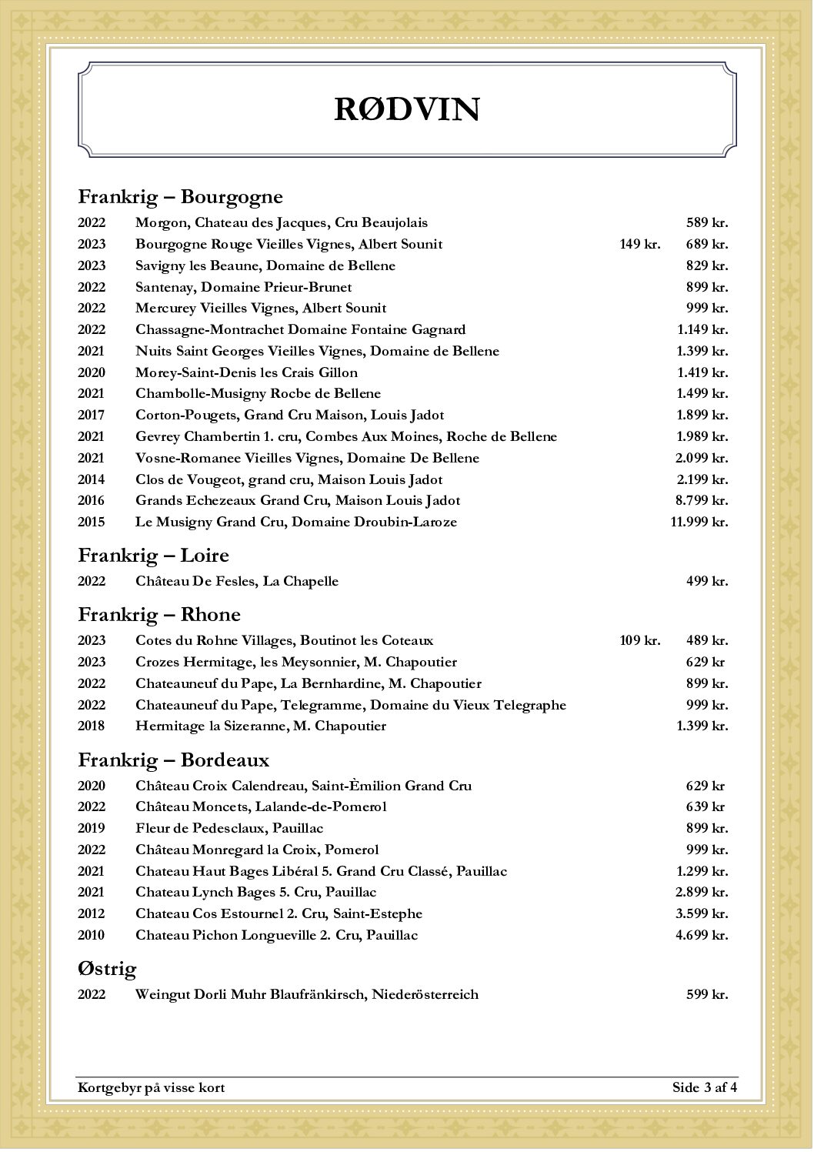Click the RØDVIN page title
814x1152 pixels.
pyautogui.click(x=407, y=109)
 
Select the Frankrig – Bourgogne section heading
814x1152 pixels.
pyautogui.click(x=180, y=197)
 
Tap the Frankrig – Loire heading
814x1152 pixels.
pyautogui.click(x=153, y=556)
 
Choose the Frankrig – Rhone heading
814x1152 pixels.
pyautogui.click(x=159, y=615)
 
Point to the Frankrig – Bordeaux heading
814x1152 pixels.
pyautogui.click(x=173, y=760)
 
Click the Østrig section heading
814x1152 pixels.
pyautogui.click(x=107, y=969)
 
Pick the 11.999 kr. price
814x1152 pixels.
pyautogui.click(x=699, y=522)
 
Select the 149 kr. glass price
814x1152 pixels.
pyautogui.click(x=639, y=244)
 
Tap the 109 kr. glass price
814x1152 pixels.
pyautogui.click(x=639, y=640)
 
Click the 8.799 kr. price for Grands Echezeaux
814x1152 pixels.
pyautogui.click(x=701, y=500)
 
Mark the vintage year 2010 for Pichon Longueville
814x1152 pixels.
pyautogui.click(x=91, y=935)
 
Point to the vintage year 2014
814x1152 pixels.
pyautogui.click(x=91, y=479)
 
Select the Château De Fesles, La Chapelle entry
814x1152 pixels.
pyautogui.click(x=236, y=581)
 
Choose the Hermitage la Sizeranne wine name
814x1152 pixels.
pyautogui.click(x=260, y=726)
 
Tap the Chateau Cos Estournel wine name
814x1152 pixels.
pyautogui.click(x=279, y=913)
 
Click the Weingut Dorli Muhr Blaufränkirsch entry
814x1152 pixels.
pyautogui.click(x=306, y=994)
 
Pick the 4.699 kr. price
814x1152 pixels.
pyautogui.click(x=701, y=935)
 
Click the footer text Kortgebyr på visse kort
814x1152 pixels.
pyautogui.click(x=151, y=1087)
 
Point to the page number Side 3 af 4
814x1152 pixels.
pyautogui.click(x=704, y=1087)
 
